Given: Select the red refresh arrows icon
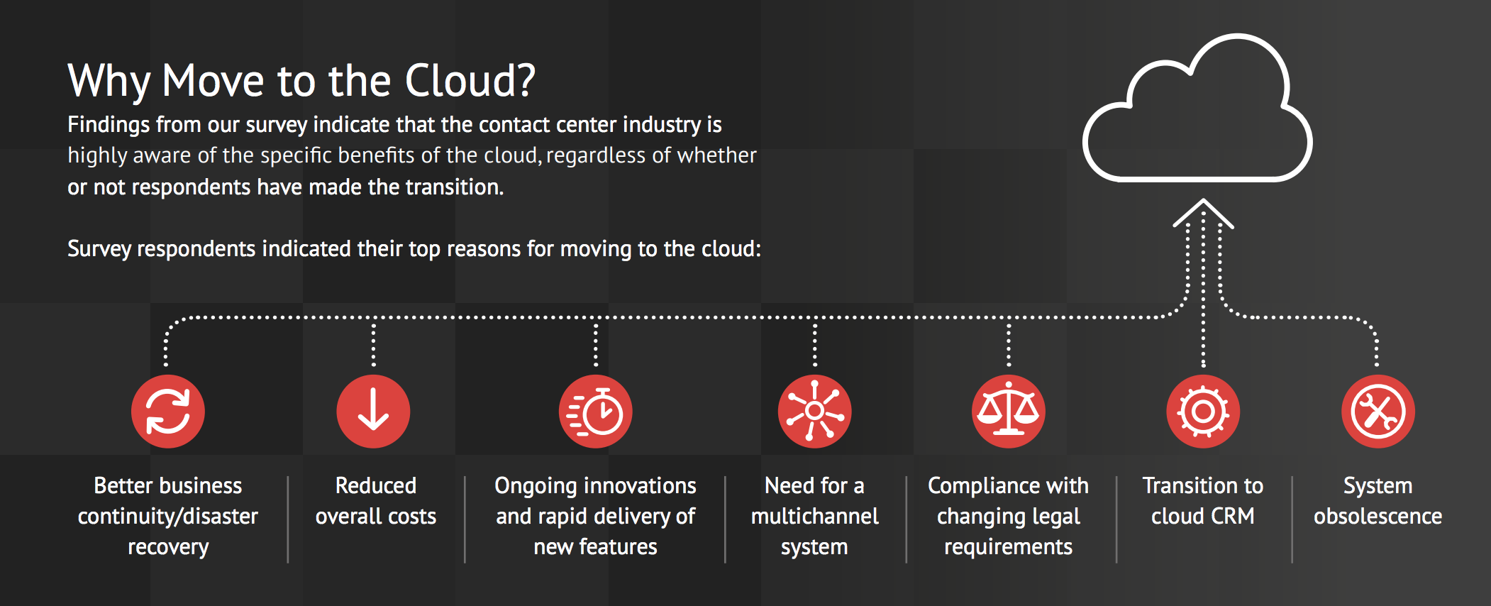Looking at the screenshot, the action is (168, 412).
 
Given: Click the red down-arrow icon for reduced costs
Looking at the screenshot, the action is (373, 412).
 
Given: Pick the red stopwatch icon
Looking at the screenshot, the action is (596, 412).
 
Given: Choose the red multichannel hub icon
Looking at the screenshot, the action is (815, 412).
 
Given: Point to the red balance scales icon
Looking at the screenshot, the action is (1009, 412).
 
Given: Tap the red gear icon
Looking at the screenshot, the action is (1203, 412).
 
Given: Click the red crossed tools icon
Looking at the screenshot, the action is (1378, 412).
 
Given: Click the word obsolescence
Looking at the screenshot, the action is (1378, 516).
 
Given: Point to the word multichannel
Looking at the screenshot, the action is (815, 516).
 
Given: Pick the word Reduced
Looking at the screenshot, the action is (376, 485).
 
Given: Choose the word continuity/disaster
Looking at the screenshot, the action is (168, 516).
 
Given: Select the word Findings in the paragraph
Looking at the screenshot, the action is (109, 125).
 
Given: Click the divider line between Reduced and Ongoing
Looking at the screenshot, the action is (465, 519).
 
